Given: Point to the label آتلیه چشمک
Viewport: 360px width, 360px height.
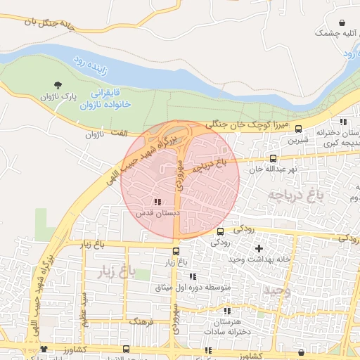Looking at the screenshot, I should pyautogui.click(x=335, y=33).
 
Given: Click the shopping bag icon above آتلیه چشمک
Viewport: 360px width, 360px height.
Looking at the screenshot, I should pyautogui.click(x=342, y=22).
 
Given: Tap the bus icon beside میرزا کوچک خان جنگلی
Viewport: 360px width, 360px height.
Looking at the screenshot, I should pyautogui.click(x=298, y=129).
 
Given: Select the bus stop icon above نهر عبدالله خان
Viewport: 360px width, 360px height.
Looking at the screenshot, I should pyautogui.click(x=273, y=159).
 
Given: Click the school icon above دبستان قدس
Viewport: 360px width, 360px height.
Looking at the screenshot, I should pyautogui.click(x=156, y=202).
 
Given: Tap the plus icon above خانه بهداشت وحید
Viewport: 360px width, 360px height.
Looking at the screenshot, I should pyautogui.click(x=259, y=248).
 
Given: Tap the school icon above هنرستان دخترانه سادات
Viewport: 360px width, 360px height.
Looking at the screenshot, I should pyautogui.click(x=226, y=310).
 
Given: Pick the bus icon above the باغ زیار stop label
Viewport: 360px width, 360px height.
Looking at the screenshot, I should pyautogui.click(x=176, y=251).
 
